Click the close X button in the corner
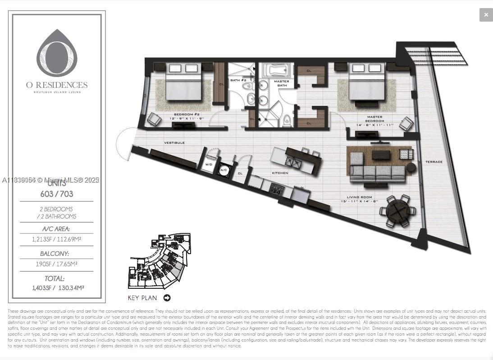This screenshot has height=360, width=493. coord(486,15)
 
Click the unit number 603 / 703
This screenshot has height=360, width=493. coord(57,194)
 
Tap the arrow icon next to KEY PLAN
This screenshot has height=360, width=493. coord(167,298)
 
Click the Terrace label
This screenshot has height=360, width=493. coord(434,162)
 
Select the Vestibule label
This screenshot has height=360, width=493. coord(174,143)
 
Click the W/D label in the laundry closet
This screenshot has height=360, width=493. coord(209,164)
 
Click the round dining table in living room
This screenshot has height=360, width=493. coord(397,210)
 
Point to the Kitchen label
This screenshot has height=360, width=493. coord(280,173)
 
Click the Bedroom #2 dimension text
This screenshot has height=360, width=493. coord(187,118)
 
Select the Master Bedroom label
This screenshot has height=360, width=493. coord(374,119)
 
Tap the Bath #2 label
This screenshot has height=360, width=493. coord(238,81)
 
